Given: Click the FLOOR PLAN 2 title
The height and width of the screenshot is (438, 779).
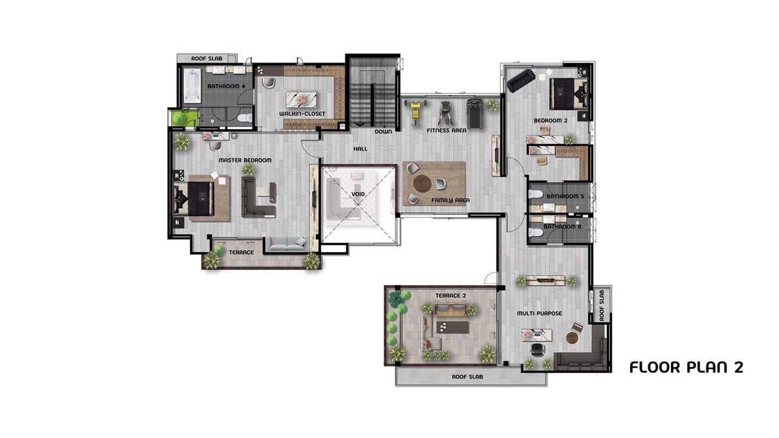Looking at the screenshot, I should tap(686, 367).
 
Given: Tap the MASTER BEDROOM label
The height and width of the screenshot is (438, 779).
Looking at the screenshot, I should tap(244, 160).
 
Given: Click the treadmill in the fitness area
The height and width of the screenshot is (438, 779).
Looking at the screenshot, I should tap(474, 113).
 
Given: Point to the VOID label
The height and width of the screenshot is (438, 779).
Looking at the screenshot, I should tap(358, 194).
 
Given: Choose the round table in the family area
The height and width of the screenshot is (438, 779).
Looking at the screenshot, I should tap(422, 184).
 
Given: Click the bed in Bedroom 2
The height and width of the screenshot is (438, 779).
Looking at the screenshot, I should tap(569, 94).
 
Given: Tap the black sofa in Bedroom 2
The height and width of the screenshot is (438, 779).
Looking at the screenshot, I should tap(521, 80).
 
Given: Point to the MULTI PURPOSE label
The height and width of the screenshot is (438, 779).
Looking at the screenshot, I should tap(539, 314).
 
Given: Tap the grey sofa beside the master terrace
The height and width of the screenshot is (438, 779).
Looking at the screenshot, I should tap(287, 245).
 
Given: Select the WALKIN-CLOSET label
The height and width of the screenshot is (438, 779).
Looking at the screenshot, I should tap(302, 114).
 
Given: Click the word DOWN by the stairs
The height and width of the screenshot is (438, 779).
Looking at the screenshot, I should tap(383, 131).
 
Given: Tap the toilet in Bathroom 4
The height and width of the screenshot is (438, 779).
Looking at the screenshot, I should tap(245, 118).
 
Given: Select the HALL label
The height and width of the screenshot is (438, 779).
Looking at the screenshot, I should tap(360, 149).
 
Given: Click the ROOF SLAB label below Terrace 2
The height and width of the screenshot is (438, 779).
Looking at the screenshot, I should tap(467, 377).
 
